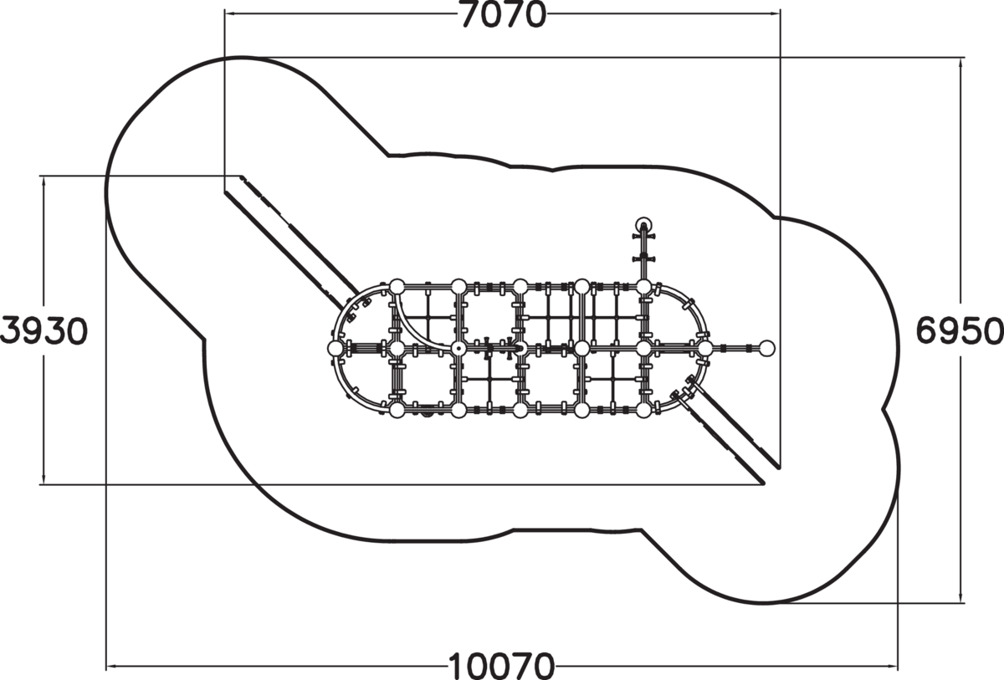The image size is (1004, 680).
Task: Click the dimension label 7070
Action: pos(504,15)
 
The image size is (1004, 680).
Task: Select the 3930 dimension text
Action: pos(44,331)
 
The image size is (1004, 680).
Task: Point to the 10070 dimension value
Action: pos(501,666)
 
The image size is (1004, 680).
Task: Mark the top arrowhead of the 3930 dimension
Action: pos(44,182)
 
